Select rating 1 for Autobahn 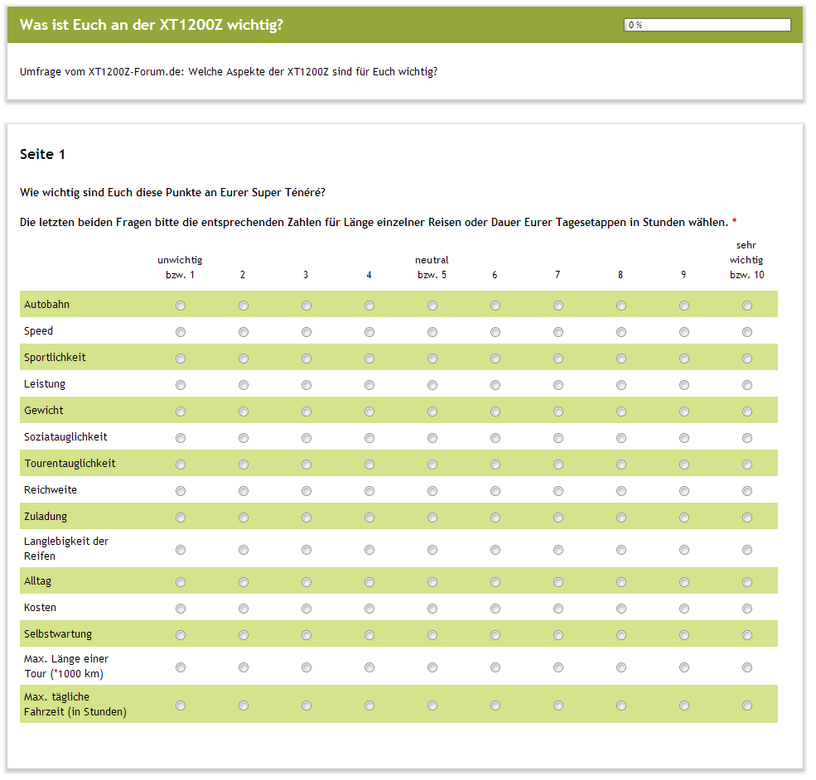181,306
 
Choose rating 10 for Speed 747,332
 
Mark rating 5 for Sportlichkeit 432,359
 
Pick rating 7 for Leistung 558,385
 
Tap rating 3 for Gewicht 307,412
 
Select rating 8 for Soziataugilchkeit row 621,438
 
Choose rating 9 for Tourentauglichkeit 684,465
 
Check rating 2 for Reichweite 244,491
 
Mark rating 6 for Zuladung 495,518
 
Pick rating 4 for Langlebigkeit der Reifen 369,549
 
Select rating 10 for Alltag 747,582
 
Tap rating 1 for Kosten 181,609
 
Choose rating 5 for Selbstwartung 432,635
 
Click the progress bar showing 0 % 707,25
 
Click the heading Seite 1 42,155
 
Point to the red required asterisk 734,223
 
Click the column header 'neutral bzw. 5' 432,267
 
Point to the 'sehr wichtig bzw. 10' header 746,260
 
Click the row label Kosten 41,608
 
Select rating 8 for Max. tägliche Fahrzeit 621,705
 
